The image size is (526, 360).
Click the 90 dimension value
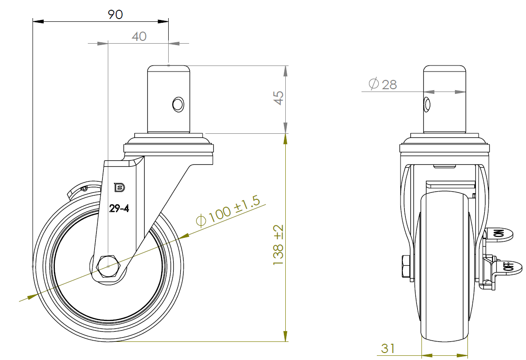(x=115, y=14)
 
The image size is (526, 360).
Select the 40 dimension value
(x=139, y=36)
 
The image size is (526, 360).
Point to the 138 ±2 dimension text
(x=278, y=245)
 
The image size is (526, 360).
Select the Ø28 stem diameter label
(x=383, y=84)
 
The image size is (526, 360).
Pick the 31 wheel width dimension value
(x=388, y=348)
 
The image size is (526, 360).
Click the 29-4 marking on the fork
(x=119, y=209)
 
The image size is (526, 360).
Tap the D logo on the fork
(x=119, y=187)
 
